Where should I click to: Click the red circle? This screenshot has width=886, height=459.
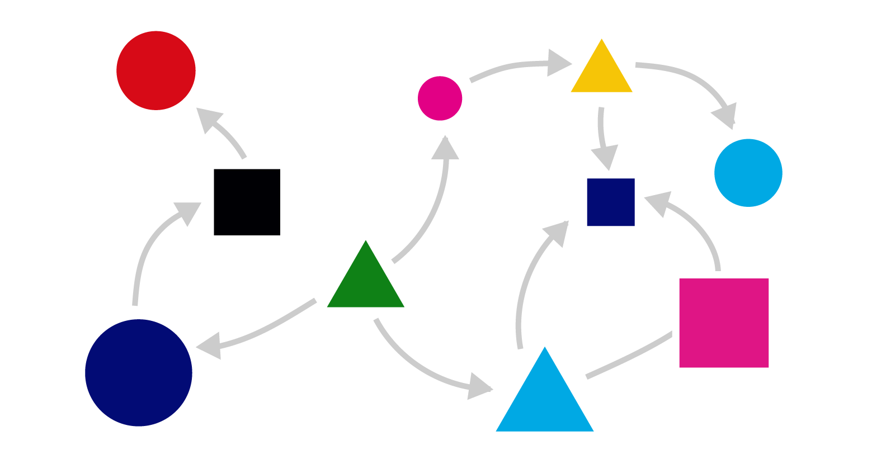coord(156,70)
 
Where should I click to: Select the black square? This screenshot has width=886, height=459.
coord(247,202)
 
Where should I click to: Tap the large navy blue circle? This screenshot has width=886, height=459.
coord(139,372)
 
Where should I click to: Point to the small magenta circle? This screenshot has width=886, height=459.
coord(440,98)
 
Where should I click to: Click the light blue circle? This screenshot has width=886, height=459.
coord(748,173)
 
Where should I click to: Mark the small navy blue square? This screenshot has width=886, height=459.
coord(611,202)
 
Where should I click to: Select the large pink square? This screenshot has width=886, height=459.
coord(724,323)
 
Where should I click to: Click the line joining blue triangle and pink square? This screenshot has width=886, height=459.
coord(629,356)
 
